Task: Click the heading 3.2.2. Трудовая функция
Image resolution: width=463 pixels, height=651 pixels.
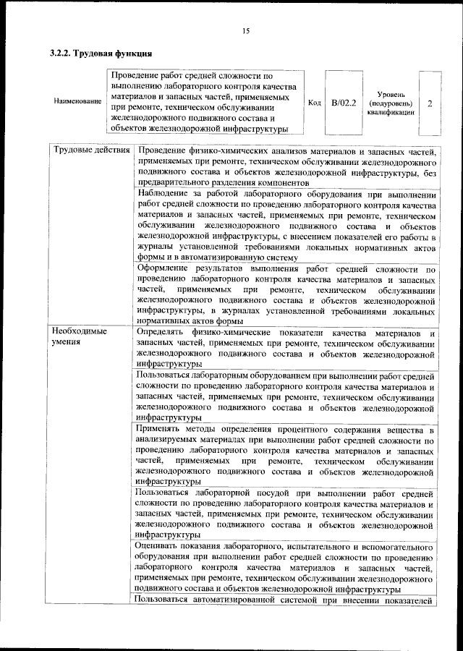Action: point(101,53)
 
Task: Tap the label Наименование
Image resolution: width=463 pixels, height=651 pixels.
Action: point(77,102)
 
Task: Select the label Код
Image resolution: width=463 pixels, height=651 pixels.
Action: point(314,103)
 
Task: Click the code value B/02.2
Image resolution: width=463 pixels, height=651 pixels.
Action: point(344,103)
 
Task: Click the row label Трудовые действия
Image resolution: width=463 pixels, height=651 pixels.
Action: point(90,151)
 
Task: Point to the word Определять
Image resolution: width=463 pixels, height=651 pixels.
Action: point(163,331)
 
